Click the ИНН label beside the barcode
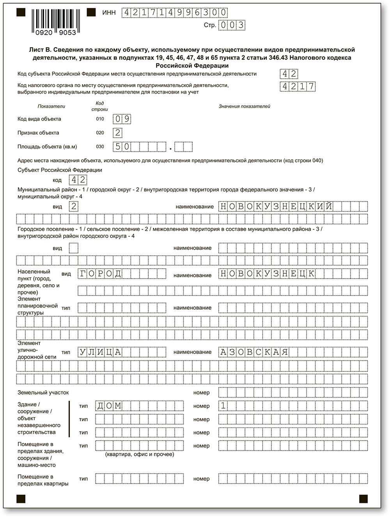[109, 13]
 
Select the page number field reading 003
[232, 25]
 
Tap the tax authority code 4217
[298, 87]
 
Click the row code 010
[100, 119]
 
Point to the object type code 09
[122, 119]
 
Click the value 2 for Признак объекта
[117, 133]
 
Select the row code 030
[100, 147]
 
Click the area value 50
[122, 147]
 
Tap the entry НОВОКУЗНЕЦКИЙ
[277, 206]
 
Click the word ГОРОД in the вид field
[100, 274]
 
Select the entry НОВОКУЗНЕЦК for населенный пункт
[268, 274]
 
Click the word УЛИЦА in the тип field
[100, 352]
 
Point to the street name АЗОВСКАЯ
[254, 352]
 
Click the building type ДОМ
[109, 406]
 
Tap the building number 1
[223, 406]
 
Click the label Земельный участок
[43, 393]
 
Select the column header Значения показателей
[244, 106]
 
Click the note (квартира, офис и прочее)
[140, 454]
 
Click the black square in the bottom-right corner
[363, 498]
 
